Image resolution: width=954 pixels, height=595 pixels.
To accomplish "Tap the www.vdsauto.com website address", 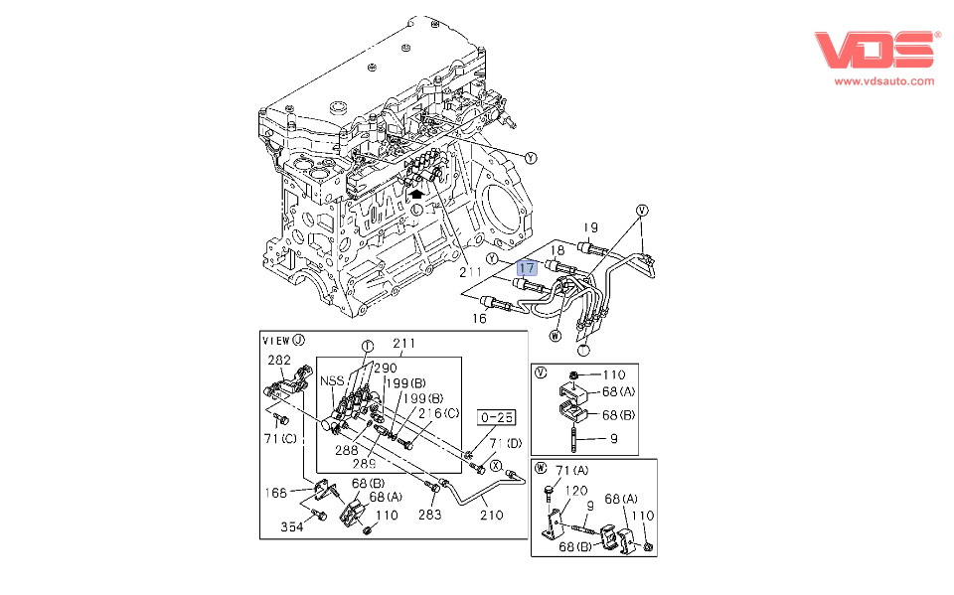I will [883, 81].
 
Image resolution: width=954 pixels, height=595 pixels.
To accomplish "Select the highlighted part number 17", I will [527, 267].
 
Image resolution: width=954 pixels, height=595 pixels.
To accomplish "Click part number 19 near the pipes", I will [589, 225].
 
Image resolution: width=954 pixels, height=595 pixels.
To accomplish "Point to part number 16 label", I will [479, 319].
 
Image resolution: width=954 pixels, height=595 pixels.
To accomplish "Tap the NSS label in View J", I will [333, 380].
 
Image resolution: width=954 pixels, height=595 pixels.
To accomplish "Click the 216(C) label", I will [438, 413].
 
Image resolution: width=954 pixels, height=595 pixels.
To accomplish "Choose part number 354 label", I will [292, 526].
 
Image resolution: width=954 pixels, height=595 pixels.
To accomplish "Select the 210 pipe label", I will [491, 515].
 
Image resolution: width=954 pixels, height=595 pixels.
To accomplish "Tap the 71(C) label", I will [282, 438].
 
